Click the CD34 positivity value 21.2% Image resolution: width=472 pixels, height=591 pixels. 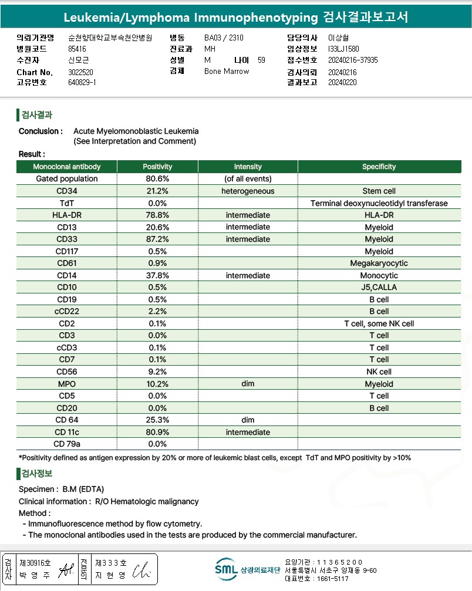[157, 191]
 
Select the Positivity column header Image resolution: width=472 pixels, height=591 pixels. [157, 167]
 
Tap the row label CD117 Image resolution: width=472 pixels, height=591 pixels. [66, 251]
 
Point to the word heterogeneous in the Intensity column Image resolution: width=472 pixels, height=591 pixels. [248, 191]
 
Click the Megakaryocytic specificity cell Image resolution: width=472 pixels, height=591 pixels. [379, 264]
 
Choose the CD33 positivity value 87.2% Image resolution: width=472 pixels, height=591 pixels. [157, 239]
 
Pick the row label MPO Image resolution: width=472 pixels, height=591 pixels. [66, 384]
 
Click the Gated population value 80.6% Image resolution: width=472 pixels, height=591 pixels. [157, 179]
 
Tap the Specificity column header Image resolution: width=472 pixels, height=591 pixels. [379, 167]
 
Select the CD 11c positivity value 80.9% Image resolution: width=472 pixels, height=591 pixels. [157, 432]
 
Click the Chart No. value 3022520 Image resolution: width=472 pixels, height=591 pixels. [81, 72]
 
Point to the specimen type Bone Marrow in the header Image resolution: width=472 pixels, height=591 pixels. [227, 72]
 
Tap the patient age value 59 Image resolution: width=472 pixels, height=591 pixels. [261, 60]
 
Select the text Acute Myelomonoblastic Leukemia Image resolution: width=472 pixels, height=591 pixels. [136, 131]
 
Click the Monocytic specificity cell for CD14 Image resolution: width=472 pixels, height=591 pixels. [379, 275]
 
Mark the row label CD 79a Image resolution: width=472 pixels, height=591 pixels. [66, 444]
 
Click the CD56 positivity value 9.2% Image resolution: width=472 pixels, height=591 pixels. [157, 372]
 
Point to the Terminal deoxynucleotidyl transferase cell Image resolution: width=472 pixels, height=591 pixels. [379, 203]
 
